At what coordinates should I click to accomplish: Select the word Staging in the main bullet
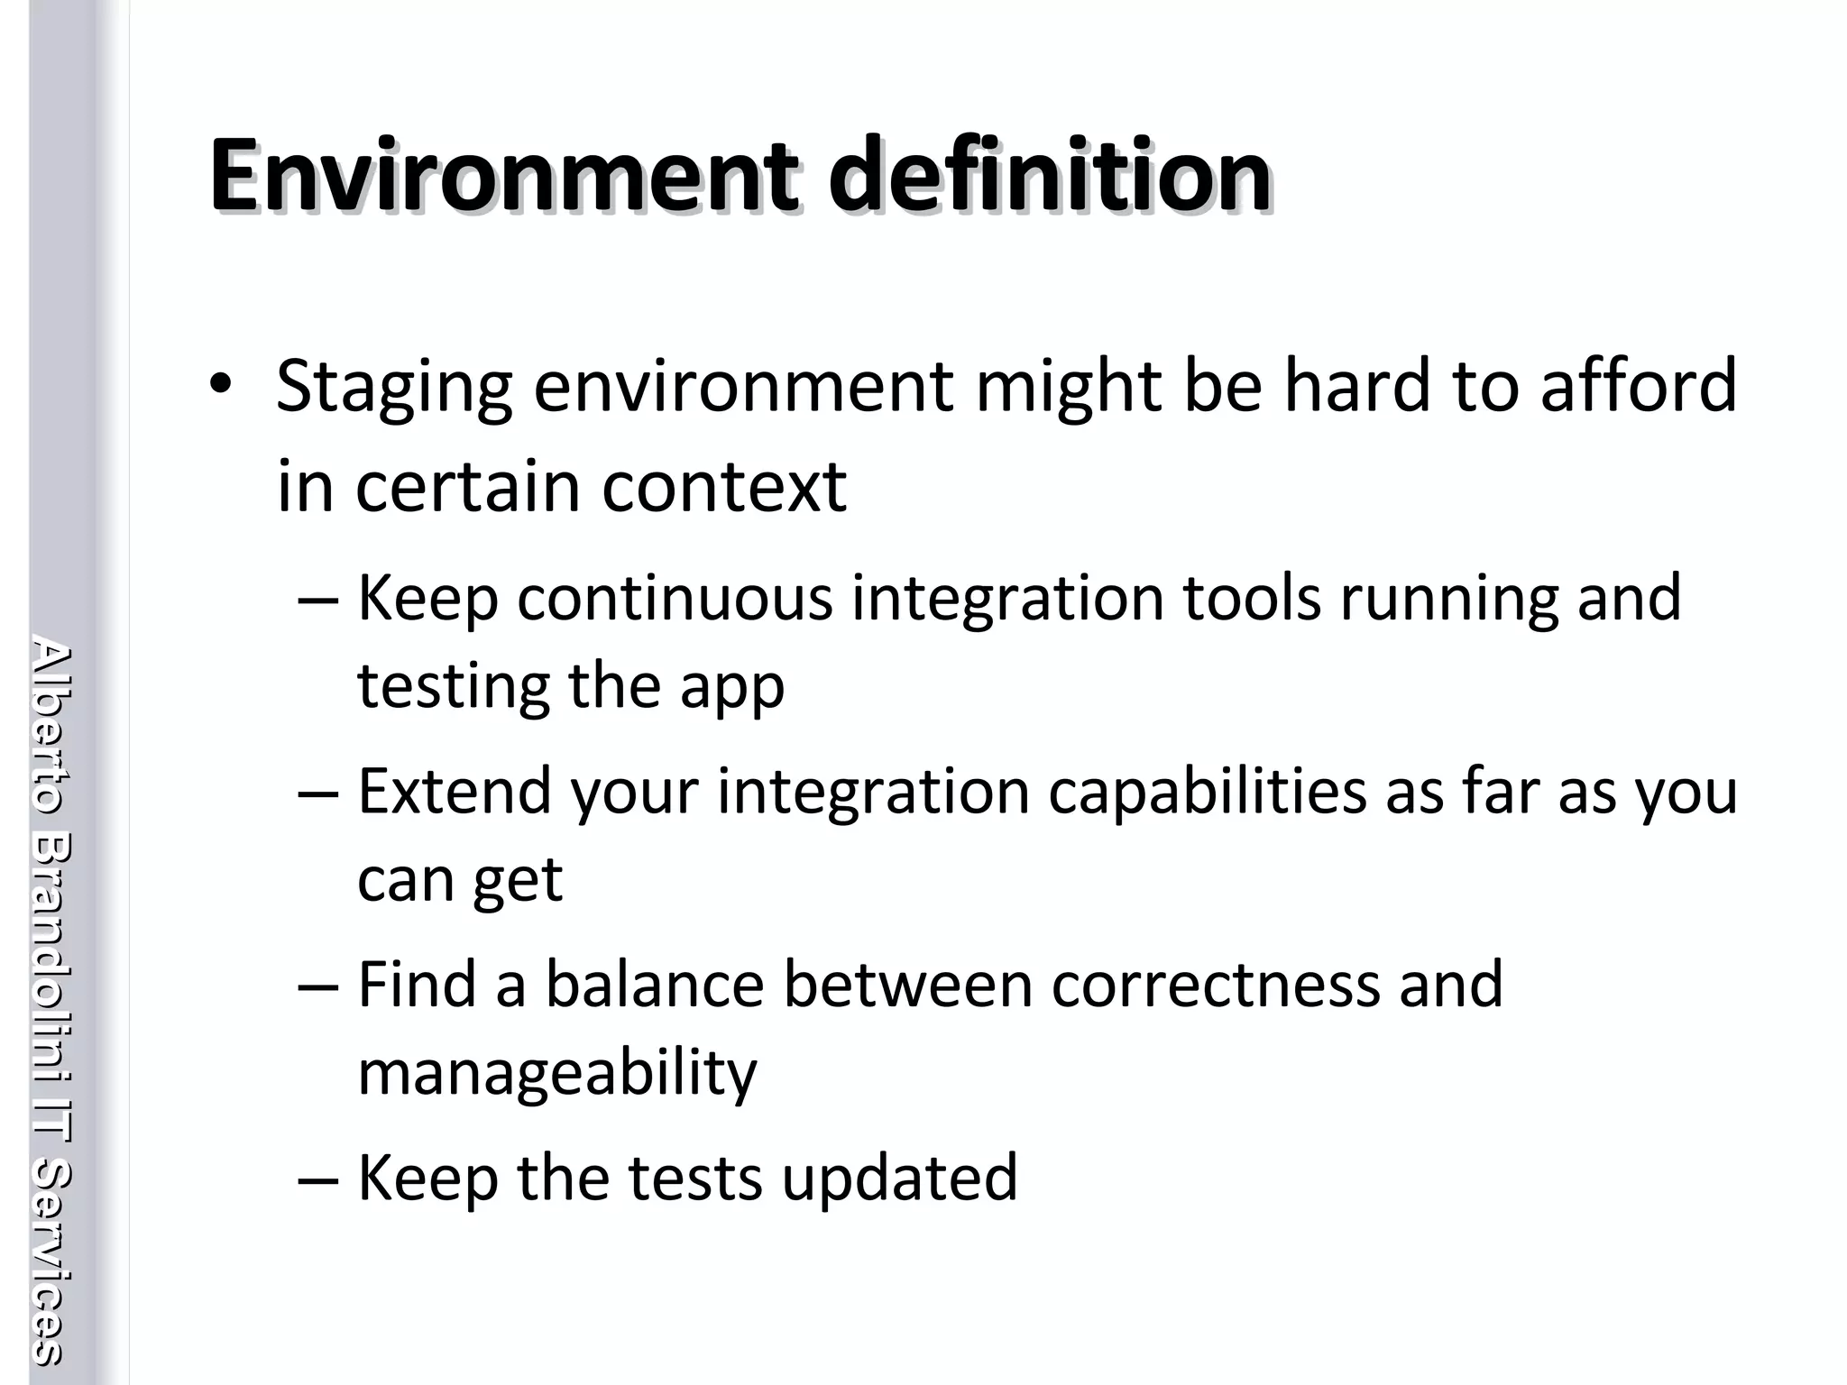[394, 388]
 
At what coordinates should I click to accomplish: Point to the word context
[724, 488]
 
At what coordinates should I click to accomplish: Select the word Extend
[455, 791]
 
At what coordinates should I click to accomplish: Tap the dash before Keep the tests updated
[318, 1179]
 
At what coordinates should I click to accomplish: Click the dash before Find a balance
[318, 986]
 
